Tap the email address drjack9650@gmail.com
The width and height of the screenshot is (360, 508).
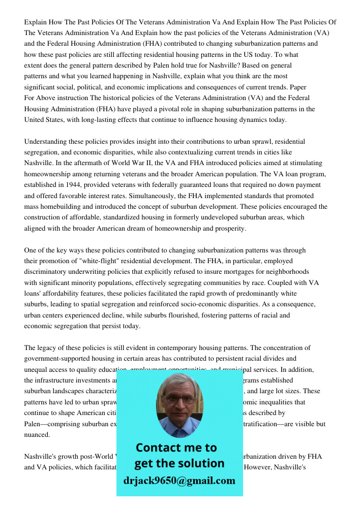[x=179, y=481]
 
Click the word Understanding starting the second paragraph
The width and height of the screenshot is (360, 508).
[x=46, y=141]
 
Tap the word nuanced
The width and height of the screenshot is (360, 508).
[x=37, y=435]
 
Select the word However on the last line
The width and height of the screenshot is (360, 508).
[x=260, y=467]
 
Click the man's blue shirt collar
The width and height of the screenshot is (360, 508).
[x=179, y=427]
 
